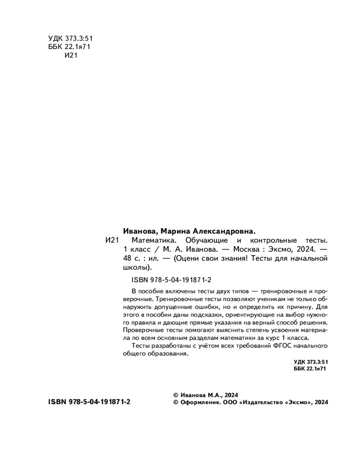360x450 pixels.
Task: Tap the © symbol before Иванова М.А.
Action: (176, 394)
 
